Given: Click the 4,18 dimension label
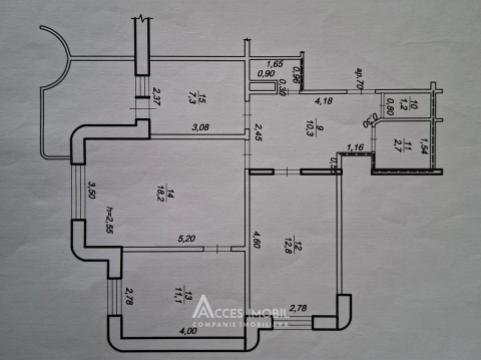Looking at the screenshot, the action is click(323, 100).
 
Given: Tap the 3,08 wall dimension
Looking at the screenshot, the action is click(200, 126).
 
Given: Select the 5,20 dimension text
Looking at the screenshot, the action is click(186, 238).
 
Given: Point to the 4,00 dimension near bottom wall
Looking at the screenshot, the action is click(187, 331).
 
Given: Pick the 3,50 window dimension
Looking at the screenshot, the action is click(90, 189).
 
